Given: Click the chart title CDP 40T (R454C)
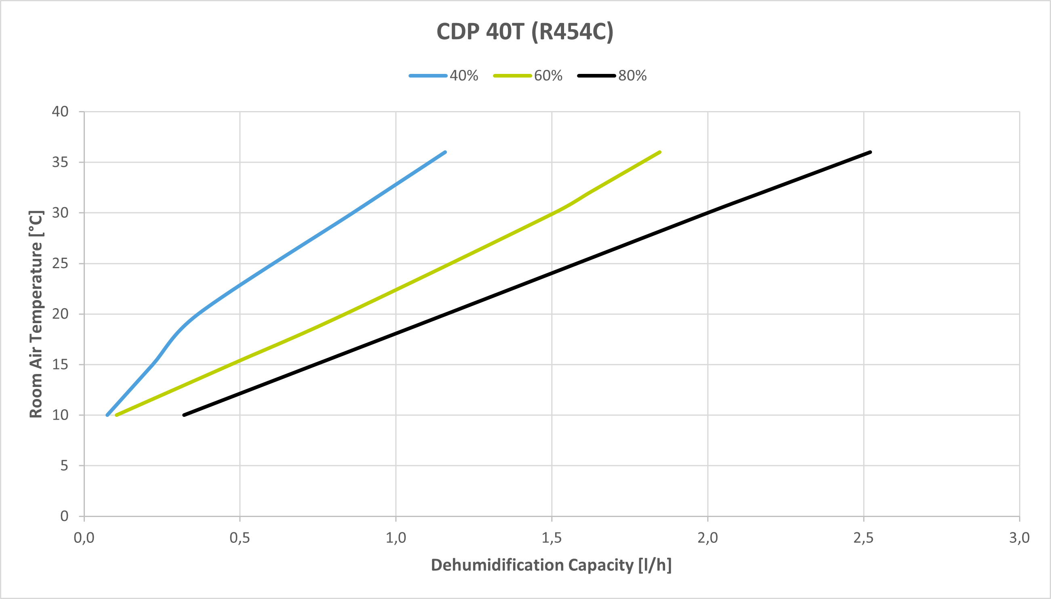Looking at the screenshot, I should pyautogui.click(x=524, y=32).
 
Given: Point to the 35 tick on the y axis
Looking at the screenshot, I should pyautogui.click(x=60, y=162).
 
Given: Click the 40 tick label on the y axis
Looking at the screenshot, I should pyautogui.click(x=60, y=111).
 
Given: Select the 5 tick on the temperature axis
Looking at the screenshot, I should pyautogui.click(x=64, y=466).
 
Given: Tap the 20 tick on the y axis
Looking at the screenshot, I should pyautogui.click(x=60, y=314).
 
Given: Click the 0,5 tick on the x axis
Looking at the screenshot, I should pyautogui.click(x=240, y=538).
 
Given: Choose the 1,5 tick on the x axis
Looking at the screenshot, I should pyautogui.click(x=552, y=538).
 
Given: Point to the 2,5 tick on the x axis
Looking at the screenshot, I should pyautogui.click(x=864, y=538).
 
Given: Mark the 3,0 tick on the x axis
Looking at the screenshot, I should pyautogui.click(x=1019, y=538).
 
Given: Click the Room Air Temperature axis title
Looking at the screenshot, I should pyautogui.click(x=36, y=314).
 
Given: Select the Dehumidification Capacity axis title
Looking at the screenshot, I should pyautogui.click(x=551, y=565).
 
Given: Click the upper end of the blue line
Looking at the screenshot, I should pyautogui.click(x=445, y=152).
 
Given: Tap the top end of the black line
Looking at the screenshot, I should pyautogui.click(x=870, y=152).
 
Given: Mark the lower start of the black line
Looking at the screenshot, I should pyautogui.click(x=184, y=415).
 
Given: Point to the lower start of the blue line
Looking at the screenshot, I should pyautogui.click(x=107, y=415).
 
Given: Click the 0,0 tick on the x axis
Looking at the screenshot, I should pyautogui.click(x=84, y=538).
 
